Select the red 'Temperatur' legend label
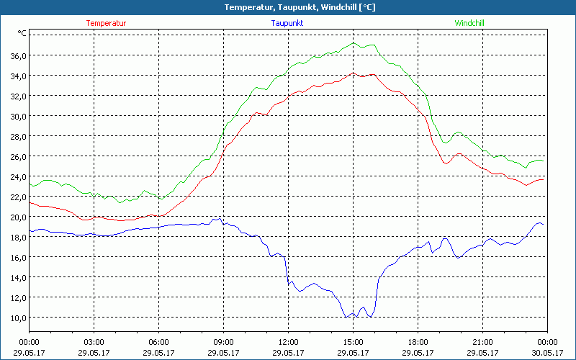(x=106, y=23)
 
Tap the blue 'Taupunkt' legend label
(x=287, y=23)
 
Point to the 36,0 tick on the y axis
(x=18, y=55)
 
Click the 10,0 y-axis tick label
(x=18, y=318)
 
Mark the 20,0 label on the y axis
(x=18, y=217)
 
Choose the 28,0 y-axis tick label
(x=18, y=136)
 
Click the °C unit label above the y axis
(x=22, y=33)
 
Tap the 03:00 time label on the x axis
(x=94, y=342)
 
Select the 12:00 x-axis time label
(x=288, y=342)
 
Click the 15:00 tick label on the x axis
(x=353, y=342)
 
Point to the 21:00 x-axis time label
(x=482, y=342)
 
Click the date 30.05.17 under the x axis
(x=547, y=352)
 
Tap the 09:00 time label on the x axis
(x=223, y=342)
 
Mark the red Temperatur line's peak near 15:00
(x=353, y=73)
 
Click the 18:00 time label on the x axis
(x=418, y=342)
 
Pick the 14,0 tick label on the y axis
(x=18, y=277)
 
